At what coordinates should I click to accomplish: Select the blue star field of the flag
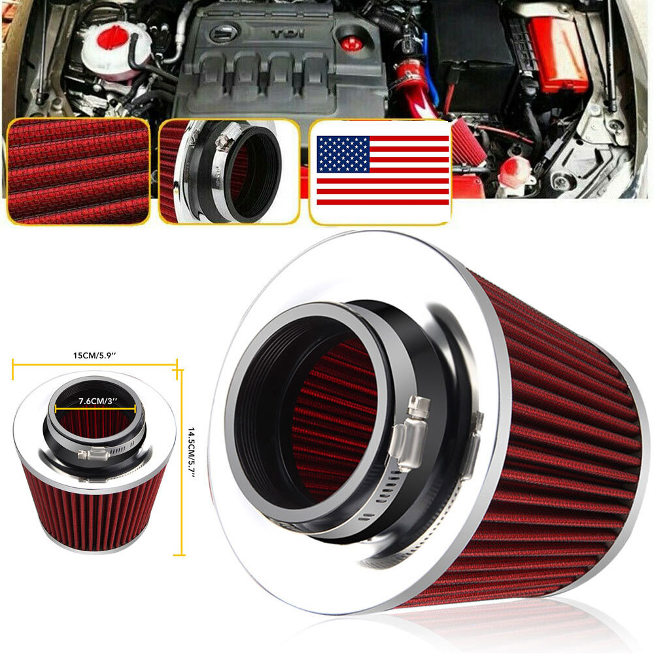coord(343,154)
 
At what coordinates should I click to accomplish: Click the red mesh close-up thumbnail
coord(77,171)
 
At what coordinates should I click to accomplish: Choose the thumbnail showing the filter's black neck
coord(228,171)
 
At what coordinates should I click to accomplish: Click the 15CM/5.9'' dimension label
coord(95,355)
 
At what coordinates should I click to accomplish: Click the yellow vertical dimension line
coord(181,462)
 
